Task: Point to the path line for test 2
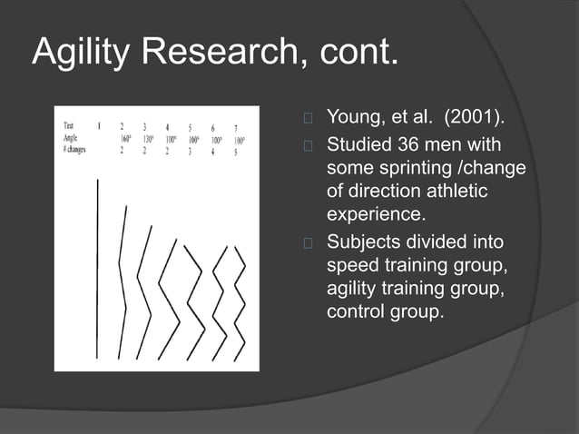[123, 281]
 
